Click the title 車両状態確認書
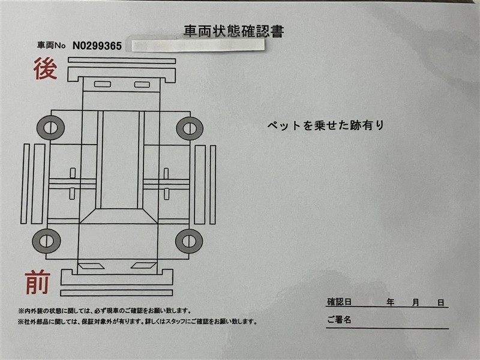coord(233,31)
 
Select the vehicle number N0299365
coord(97,46)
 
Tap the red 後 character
coord(45,68)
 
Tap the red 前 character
coord(38,282)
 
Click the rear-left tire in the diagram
coord(50,128)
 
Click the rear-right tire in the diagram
coord(190,128)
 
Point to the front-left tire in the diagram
coord(46,241)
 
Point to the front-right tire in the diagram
coord(189,241)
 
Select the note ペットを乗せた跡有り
coord(325,125)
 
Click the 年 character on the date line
coord(390,302)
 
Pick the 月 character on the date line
coord(415,303)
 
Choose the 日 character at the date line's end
coord(441,303)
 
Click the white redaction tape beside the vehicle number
coord(198,46)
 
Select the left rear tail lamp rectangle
coord(103,84)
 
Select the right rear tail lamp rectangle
coord(142,85)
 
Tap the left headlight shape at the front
coord(91,266)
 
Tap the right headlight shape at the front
coord(143,265)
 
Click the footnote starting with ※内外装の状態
coord(104,311)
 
